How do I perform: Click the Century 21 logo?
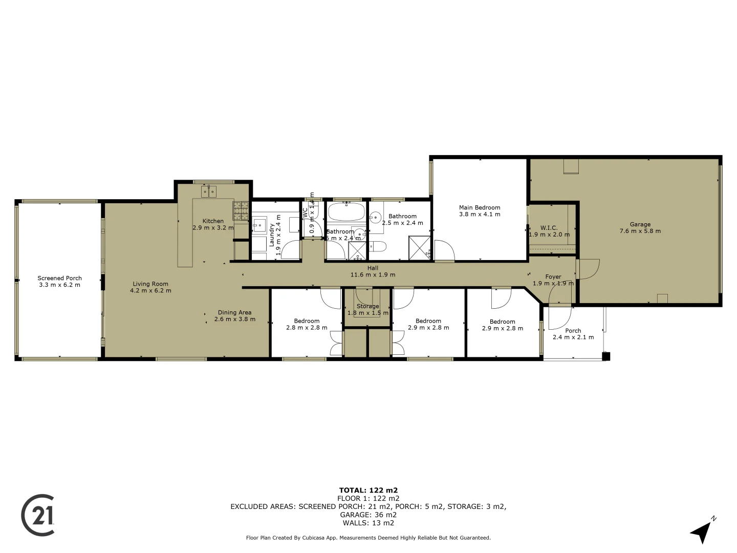38,515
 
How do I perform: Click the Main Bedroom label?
480,207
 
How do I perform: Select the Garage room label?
640,224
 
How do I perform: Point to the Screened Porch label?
59,278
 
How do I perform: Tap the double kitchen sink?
209,192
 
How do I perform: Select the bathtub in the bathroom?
346,211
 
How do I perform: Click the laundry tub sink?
259,224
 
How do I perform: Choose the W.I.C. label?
549,228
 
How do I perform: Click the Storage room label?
367,306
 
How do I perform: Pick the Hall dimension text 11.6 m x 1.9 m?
373,274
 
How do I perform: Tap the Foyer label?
553,276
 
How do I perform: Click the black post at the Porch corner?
606,356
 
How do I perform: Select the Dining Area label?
234,312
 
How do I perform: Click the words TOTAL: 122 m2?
368,490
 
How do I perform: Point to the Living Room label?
150,284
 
